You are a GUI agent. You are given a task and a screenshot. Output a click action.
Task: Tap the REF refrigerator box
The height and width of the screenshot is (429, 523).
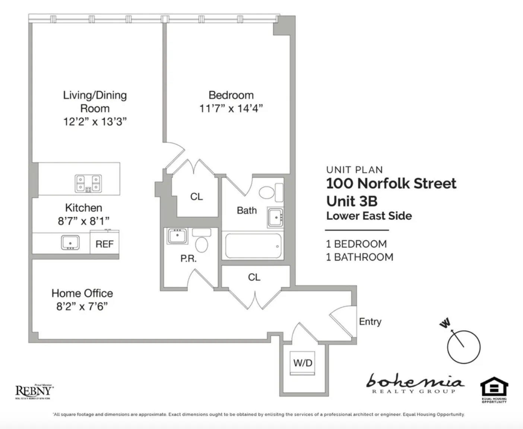(104, 244)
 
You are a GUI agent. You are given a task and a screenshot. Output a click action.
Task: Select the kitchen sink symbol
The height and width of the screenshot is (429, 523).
(70, 242)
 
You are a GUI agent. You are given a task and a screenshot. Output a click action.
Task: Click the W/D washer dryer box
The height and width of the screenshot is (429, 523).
(302, 363)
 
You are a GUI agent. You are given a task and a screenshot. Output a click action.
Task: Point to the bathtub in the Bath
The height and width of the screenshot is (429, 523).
(253, 246)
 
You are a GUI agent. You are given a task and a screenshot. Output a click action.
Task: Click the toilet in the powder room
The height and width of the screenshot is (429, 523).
(202, 244)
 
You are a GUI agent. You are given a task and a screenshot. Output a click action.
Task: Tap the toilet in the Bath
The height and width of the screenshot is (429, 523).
(267, 192)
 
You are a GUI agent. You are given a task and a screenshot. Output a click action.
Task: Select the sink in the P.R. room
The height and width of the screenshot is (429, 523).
(177, 236)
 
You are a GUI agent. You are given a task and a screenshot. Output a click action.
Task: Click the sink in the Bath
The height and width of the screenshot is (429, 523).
(276, 217)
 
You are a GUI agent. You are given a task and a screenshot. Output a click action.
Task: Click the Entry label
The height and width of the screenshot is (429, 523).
(370, 322)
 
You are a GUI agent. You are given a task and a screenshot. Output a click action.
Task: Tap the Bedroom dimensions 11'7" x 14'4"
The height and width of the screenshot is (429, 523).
(231, 109)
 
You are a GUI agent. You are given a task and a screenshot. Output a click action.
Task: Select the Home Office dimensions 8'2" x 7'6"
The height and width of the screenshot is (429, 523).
(82, 307)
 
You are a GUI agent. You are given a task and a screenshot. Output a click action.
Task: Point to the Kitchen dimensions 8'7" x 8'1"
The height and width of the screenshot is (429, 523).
(83, 221)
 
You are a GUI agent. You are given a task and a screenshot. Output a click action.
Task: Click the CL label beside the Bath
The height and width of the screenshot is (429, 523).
(196, 197)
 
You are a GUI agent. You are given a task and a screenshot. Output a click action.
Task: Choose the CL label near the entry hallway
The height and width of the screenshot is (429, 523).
(254, 277)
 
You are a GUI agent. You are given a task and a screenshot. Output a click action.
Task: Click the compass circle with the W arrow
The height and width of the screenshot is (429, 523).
(463, 347)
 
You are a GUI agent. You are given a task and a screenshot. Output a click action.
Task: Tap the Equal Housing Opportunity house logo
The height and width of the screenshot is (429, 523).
(494, 389)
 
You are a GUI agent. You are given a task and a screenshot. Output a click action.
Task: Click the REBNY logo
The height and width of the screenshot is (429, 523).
(34, 391)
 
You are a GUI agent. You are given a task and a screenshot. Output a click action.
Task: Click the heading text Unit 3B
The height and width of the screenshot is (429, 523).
(352, 201)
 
